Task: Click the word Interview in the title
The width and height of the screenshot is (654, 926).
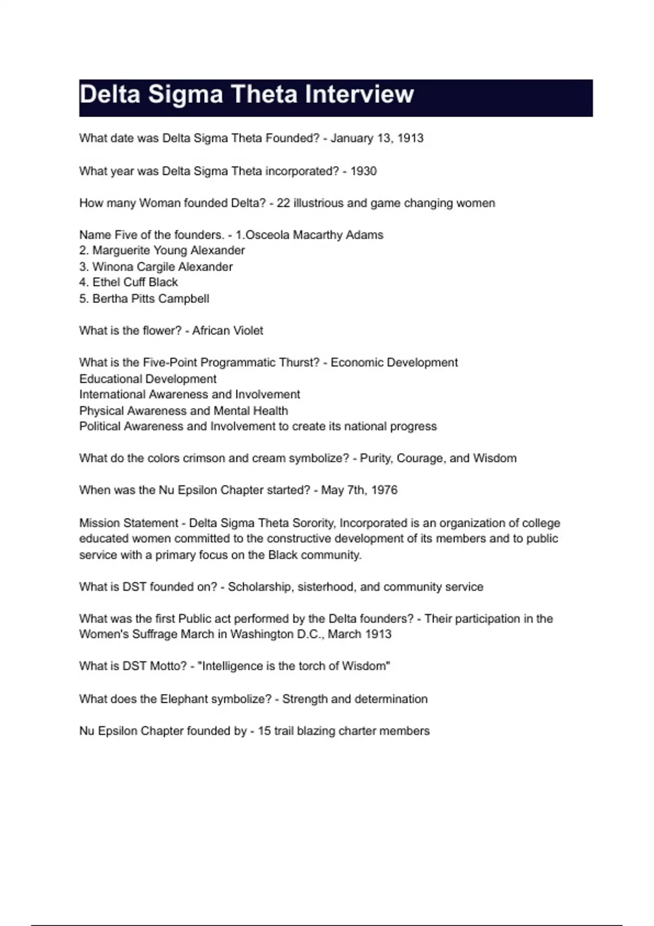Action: click(359, 95)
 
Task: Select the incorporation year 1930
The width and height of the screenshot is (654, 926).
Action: click(364, 171)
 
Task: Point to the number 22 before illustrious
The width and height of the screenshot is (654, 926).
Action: click(283, 203)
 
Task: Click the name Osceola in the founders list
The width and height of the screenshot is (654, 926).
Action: click(268, 235)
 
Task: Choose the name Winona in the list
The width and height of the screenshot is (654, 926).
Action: click(111, 267)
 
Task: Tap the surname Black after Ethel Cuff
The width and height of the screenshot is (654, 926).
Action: click(163, 282)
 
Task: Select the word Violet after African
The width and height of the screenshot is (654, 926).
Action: click(247, 331)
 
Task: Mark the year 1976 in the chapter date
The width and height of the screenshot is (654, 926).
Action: click(384, 490)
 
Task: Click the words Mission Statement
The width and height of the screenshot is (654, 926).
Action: click(129, 523)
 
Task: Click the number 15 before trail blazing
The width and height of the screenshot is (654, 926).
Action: click(264, 731)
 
